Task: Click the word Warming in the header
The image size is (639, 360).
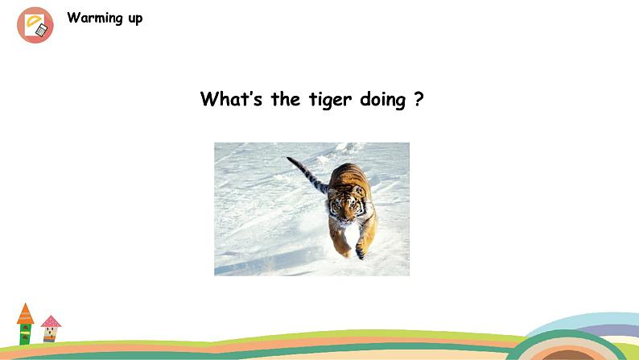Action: click(95, 18)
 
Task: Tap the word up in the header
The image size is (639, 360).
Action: click(135, 19)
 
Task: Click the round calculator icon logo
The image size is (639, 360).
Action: click(35, 25)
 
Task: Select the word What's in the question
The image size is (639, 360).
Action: click(231, 99)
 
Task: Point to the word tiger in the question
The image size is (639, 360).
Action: click(330, 100)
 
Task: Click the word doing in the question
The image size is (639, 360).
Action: click(382, 100)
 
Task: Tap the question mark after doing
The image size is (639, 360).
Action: click(418, 99)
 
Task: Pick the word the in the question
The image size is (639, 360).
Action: click(285, 99)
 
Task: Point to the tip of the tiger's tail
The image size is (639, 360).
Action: click(288, 158)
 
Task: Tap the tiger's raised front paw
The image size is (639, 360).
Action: click(361, 250)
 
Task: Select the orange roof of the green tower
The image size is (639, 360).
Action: click(25, 313)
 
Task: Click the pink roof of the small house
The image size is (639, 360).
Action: click(51, 321)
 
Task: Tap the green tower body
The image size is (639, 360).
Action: click(25, 334)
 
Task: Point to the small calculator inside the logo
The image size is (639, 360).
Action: click(41, 30)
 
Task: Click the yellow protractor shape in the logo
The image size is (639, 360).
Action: click(34, 20)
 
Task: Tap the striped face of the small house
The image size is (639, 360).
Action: click(50, 334)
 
